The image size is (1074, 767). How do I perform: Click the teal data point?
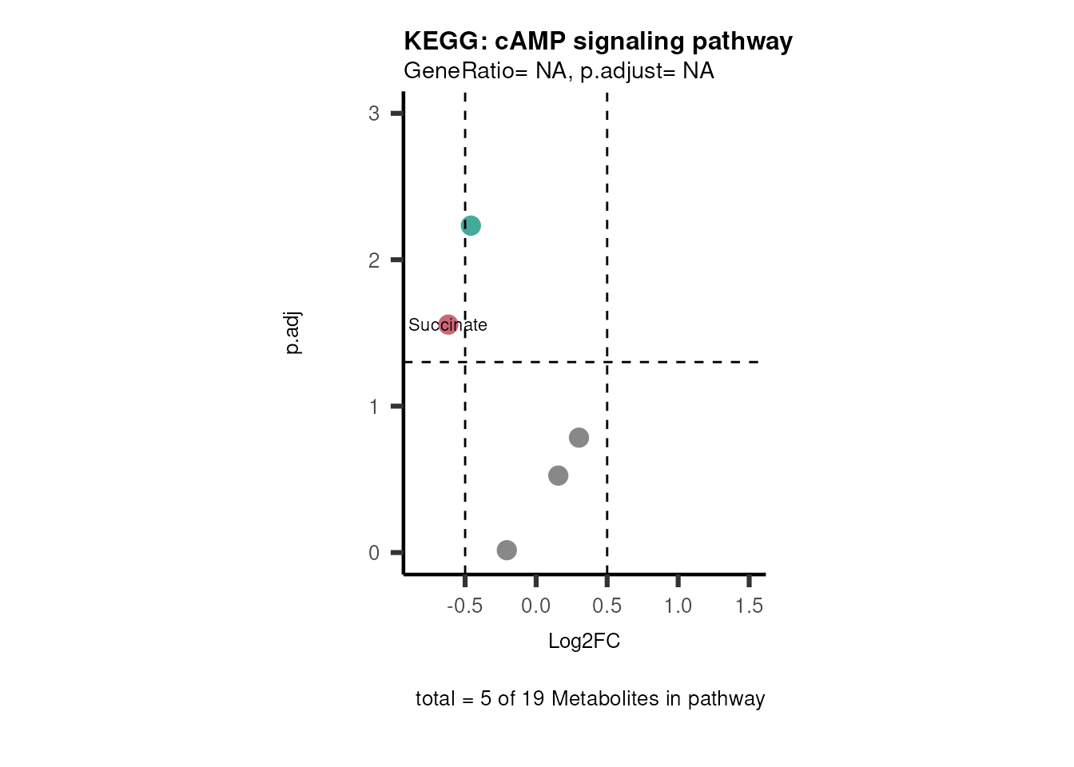[x=471, y=226]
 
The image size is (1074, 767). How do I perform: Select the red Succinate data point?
[x=448, y=324]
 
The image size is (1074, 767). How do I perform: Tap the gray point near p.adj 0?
[x=507, y=550]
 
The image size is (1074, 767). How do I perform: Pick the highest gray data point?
[x=579, y=438]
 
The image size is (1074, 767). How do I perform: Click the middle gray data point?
[x=558, y=475]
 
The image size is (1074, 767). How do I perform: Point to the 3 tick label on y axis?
[x=374, y=113]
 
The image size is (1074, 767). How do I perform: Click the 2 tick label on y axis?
[x=374, y=260]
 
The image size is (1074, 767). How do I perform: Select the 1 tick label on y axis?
[x=374, y=407]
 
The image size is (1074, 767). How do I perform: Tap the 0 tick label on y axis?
[x=374, y=553]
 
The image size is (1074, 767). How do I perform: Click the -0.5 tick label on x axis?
[x=464, y=606]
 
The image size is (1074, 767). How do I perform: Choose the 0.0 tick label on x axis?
[x=535, y=606]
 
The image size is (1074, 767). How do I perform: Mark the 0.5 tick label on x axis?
[x=607, y=606]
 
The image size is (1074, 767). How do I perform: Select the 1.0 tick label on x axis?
[x=678, y=606]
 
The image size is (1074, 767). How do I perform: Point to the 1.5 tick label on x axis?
[x=749, y=606]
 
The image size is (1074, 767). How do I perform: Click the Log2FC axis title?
[x=584, y=641]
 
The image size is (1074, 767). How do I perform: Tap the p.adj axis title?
[x=292, y=332]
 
